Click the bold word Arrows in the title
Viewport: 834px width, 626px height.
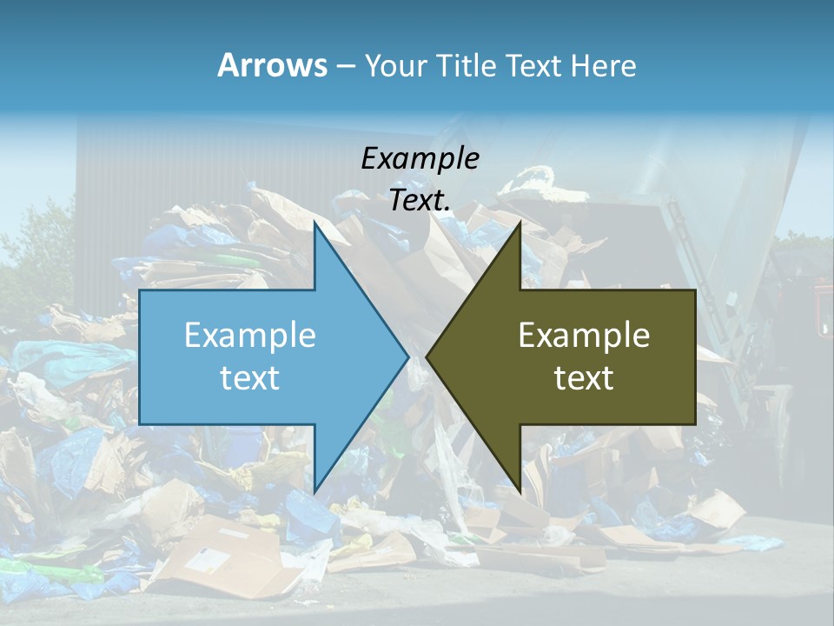(272, 65)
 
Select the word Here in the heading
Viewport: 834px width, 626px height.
(603, 65)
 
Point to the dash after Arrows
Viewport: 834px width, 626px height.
(345, 66)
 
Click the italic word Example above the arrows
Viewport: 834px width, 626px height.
(420, 158)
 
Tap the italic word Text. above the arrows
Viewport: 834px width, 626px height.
(420, 200)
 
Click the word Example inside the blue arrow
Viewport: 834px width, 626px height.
(249, 336)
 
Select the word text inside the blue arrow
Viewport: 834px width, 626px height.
(249, 378)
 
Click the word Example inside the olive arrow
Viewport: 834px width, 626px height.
(584, 336)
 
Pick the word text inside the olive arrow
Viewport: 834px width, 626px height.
(584, 378)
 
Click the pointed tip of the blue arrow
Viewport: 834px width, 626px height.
(407, 356)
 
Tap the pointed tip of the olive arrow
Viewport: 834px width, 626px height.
(427, 356)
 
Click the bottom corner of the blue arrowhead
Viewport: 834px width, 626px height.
(314, 492)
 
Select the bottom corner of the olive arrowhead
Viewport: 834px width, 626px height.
(520, 492)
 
